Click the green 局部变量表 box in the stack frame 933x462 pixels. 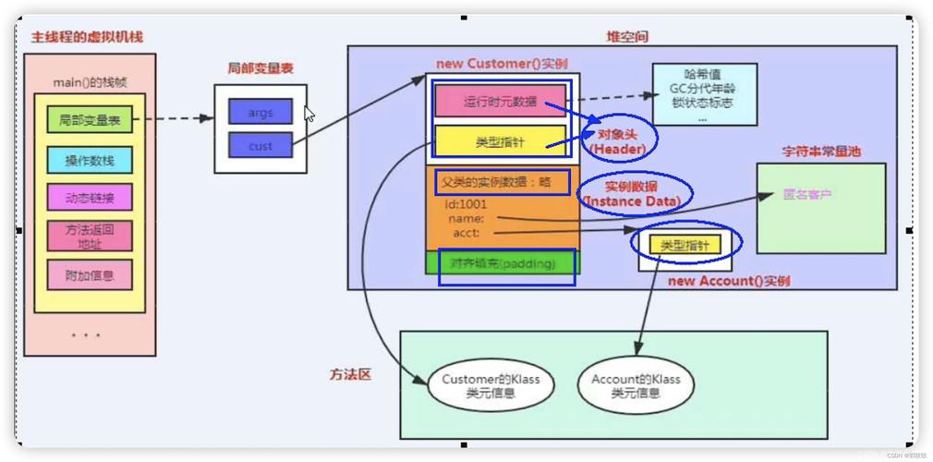[x=90, y=119]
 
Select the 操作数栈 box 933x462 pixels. [x=90, y=161]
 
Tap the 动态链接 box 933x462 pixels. [x=90, y=198]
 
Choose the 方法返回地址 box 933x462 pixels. [x=90, y=237]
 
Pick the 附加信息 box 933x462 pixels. [x=90, y=275]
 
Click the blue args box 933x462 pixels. [x=261, y=113]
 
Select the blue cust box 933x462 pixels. [x=261, y=146]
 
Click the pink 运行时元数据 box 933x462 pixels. [x=501, y=102]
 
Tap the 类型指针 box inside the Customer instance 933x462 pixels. [x=501, y=141]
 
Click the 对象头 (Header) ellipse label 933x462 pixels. [x=620, y=141]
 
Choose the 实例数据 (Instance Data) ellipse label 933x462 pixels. [x=635, y=193]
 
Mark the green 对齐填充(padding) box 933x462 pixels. [x=503, y=263]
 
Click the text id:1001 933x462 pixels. [x=466, y=204]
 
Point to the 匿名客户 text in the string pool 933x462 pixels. [x=806, y=195]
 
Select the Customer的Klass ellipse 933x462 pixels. [x=484, y=385]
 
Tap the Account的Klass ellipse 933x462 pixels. [x=636, y=385]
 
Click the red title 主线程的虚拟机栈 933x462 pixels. [x=87, y=37]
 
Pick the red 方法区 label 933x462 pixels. [x=350, y=375]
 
